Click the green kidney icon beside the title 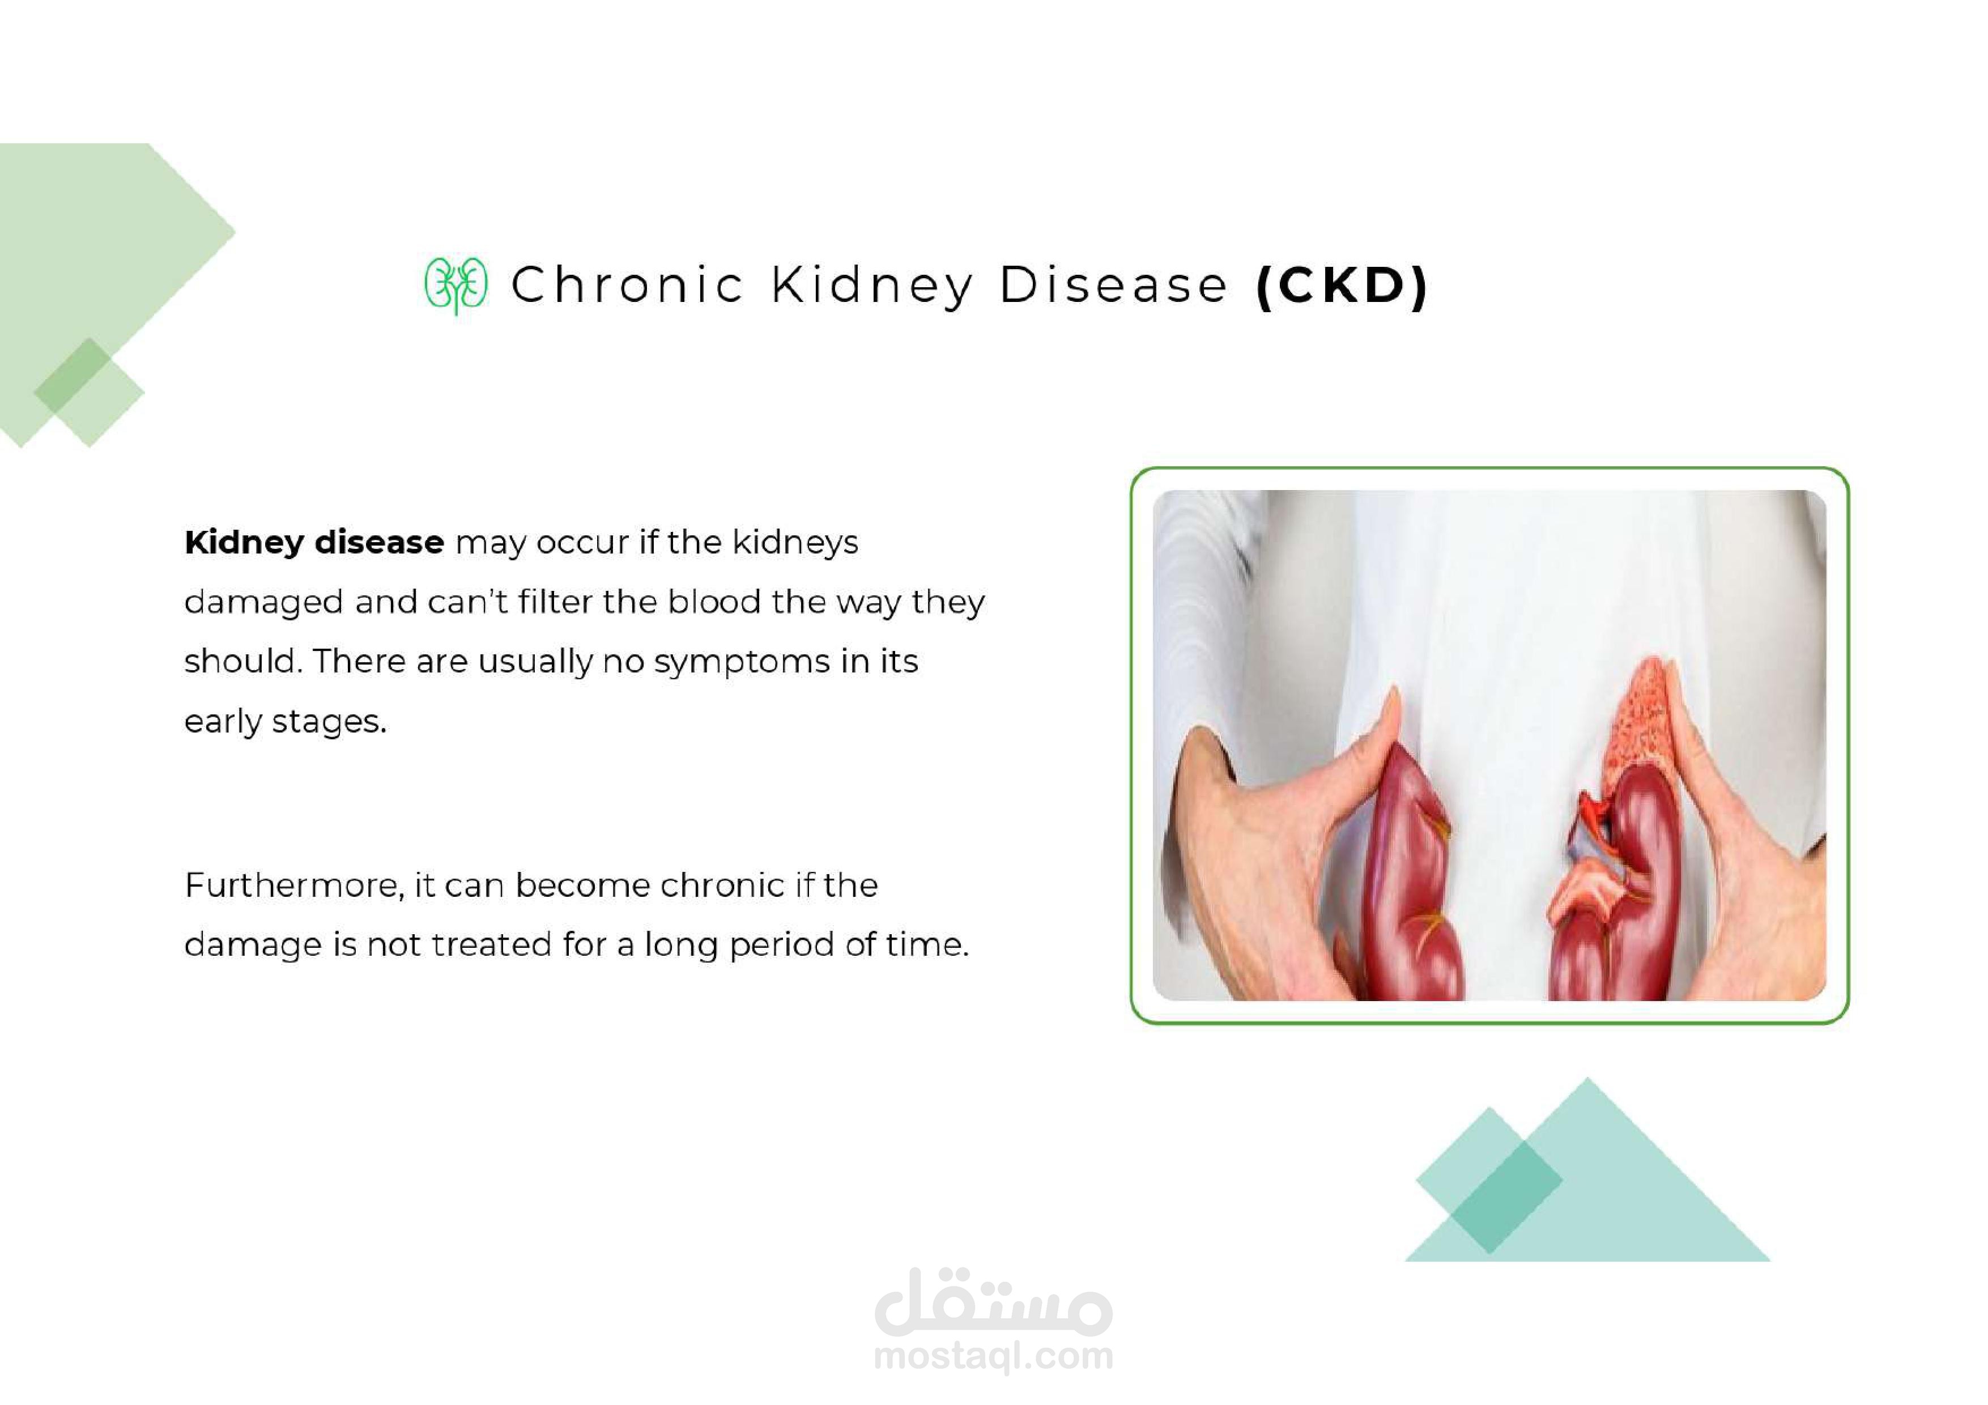click(456, 285)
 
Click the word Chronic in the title click(627, 285)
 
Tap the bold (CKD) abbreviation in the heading click(1341, 286)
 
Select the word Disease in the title click(1113, 285)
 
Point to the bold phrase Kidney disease click(314, 543)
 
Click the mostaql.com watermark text click(994, 1356)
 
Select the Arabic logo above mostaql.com click(994, 1301)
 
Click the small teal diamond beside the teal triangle click(1489, 1180)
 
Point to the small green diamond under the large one click(89, 392)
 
